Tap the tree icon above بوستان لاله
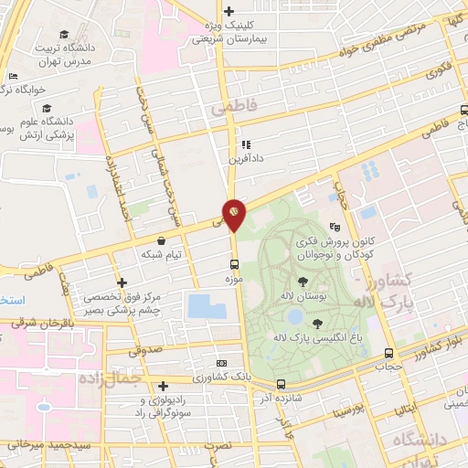click(x=303, y=281)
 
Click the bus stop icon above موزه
click(x=236, y=263)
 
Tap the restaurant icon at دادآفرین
click(x=245, y=144)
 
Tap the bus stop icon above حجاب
click(x=389, y=353)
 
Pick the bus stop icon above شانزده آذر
click(x=280, y=384)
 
